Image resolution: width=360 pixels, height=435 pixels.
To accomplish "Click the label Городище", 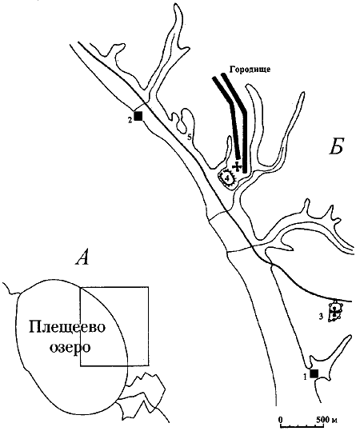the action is [x=250, y=70].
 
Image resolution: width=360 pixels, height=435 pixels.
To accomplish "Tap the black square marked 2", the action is [x=138, y=116].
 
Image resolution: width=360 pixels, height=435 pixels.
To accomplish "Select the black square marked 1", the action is [x=314, y=373].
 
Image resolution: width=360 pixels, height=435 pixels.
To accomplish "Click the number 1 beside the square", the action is [x=306, y=377].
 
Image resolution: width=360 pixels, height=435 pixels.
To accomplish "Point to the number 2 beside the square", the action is [x=130, y=120].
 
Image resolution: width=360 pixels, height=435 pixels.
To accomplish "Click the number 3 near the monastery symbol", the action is [x=321, y=317].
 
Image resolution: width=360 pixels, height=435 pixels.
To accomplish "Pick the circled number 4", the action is [x=228, y=178].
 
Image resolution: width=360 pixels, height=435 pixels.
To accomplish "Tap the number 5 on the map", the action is [x=190, y=137].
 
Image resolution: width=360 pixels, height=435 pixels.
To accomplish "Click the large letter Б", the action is [x=336, y=146].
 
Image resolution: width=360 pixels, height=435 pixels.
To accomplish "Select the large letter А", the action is [x=82, y=258].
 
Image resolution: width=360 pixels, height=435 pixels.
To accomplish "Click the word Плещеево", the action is [x=67, y=329].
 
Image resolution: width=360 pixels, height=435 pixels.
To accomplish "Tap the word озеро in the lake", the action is [x=70, y=347].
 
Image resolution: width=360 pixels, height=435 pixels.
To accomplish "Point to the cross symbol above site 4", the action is [x=237, y=166].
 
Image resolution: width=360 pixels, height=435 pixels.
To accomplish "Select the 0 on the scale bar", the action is [x=281, y=418].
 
